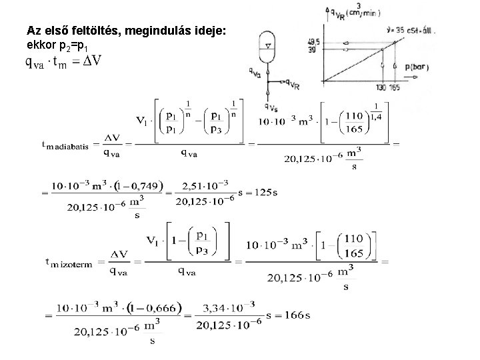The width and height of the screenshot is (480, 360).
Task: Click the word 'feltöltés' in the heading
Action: (x=89, y=31)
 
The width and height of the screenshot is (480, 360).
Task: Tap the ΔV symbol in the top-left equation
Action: (x=93, y=61)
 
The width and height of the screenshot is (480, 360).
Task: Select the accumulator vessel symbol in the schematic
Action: (x=267, y=45)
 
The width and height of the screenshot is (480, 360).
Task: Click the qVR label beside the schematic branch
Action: (x=291, y=84)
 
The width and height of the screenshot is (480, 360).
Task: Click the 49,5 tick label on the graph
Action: (x=313, y=41)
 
